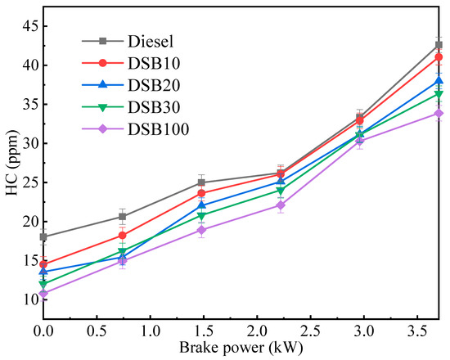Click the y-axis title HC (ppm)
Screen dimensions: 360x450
(11, 164)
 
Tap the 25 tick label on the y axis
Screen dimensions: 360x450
(29, 182)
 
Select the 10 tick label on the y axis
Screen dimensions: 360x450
(29, 299)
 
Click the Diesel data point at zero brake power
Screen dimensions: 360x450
(43, 236)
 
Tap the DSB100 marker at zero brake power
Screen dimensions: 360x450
(43, 293)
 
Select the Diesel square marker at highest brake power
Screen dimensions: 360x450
(439, 44)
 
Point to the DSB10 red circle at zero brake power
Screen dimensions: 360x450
(43, 264)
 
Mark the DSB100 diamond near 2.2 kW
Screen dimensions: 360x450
(281, 205)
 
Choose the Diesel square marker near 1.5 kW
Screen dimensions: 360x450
(201, 182)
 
